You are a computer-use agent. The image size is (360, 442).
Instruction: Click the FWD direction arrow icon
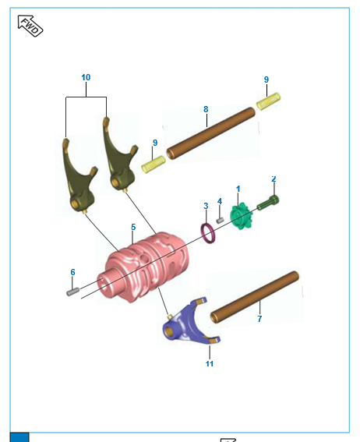(x=30, y=26)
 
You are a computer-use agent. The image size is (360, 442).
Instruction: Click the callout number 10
(x=86, y=78)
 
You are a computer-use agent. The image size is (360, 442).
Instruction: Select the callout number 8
(x=206, y=109)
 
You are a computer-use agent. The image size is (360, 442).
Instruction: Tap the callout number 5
(x=133, y=227)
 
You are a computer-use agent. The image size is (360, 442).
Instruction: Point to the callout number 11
(x=209, y=363)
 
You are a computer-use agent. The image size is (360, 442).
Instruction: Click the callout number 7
(x=259, y=318)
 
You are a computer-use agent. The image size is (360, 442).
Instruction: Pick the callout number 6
(x=72, y=272)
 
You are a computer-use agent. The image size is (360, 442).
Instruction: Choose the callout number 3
(x=206, y=206)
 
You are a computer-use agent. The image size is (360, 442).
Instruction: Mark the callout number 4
(x=220, y=201)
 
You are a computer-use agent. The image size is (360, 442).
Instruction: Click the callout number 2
(x=274, y=179)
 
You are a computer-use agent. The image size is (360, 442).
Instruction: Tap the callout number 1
(x=238, y=189)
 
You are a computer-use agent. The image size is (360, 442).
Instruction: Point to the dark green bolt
(x=268, y=203)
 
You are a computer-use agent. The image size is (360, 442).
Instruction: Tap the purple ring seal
(x=209, y=232)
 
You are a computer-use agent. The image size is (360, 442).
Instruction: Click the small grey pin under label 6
(x=72, y=292)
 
